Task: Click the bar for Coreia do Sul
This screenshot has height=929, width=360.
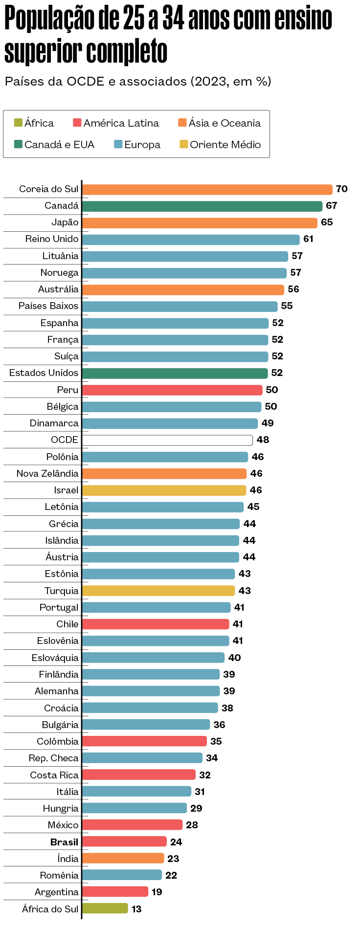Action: [x=207, y=189]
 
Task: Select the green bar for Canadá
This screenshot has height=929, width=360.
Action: [x=202, y=206]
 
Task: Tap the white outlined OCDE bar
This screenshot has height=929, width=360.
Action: [x=167, y=440]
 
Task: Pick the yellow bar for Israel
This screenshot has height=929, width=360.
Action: [x=164, y=490]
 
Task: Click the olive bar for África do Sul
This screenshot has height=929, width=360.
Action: [x=105, y=908]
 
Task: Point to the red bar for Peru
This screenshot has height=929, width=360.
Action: [x=172, y=390]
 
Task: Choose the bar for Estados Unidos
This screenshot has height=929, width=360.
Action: [x=175, y=373]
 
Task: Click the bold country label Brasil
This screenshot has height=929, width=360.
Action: [x=64, y=842]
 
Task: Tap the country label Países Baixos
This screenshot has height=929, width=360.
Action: [x=48, y=306]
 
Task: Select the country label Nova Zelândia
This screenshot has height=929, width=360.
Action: [x=47, y=473]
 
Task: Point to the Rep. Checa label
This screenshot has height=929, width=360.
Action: [x=53, y=758]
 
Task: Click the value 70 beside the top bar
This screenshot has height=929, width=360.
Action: [x=341, y=189]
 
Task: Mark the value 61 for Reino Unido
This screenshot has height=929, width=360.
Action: [x=308, y=239]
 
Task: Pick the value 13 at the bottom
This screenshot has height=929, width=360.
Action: [x=136, y=909]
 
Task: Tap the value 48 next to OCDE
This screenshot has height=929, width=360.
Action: [x=263, y=440]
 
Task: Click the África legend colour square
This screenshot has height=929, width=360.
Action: [x=18, y=122]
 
